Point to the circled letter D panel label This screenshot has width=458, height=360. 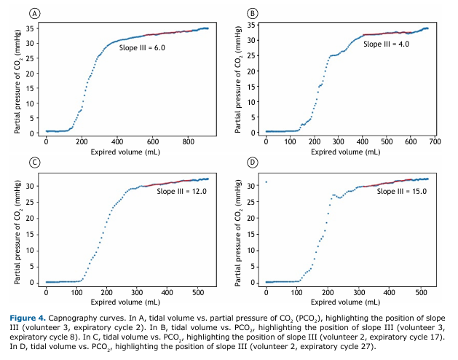point(252,162)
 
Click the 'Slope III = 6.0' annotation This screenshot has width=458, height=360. point(143,47)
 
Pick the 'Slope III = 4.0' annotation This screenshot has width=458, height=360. point(386,44)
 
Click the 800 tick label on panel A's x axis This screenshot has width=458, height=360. point(188,143)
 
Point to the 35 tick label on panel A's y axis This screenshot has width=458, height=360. point(31,28)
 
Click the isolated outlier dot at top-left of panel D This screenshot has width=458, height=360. point(266,182)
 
